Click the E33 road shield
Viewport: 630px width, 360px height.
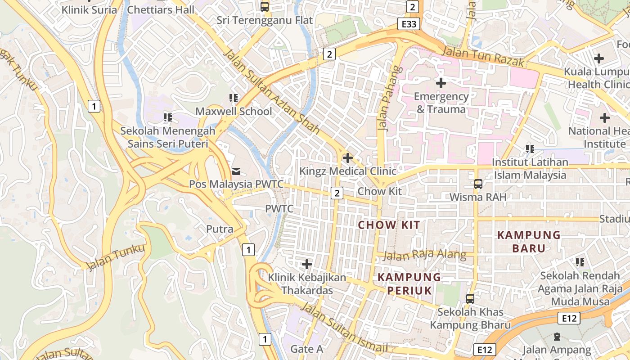(409, 24)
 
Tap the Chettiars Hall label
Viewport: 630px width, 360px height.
(161, 9)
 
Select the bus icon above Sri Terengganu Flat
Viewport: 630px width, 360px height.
(265, 6)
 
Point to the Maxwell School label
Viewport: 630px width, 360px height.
(234, 111)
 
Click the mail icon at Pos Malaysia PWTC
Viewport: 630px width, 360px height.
(236, 171)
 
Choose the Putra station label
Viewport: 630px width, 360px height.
(220, 229)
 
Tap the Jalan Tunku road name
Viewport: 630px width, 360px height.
(116, 257)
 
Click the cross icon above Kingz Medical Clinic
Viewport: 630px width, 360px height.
(347, 158)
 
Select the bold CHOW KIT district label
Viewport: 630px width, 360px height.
(389, 225)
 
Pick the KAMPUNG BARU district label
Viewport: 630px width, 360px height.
(529, 242)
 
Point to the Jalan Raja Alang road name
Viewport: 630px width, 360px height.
(424, 255)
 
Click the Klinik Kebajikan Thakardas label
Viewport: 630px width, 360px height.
(307, 284)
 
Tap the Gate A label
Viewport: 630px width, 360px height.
(307, 349)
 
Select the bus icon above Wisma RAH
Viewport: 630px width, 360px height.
(478, 184)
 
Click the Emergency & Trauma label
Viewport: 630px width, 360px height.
(441, 103)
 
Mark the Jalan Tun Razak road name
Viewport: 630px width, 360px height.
(483, 56)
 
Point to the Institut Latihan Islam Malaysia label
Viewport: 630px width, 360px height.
(530, 168)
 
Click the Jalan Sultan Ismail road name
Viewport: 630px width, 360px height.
(344, 327)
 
